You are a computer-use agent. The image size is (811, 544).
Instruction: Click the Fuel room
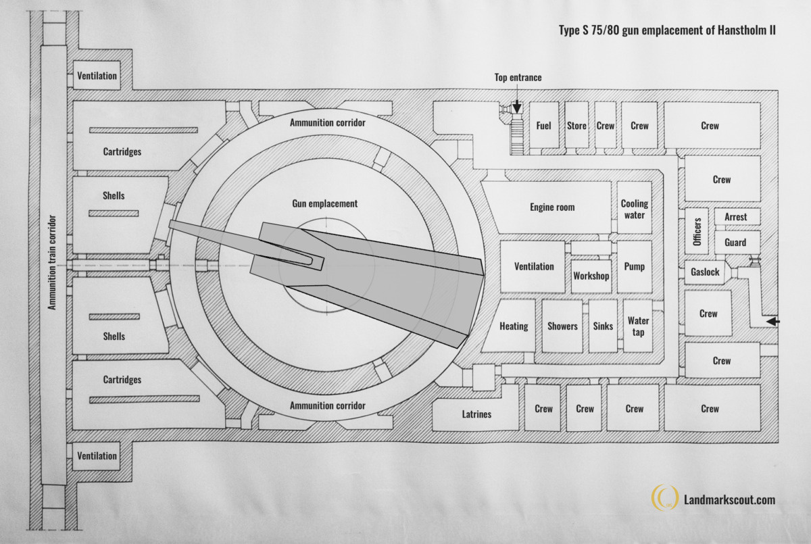[x=544, y=125]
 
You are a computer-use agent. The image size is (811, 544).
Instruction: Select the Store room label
[x=576, y=126]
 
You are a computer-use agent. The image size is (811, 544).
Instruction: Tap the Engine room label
[x=552, y=207]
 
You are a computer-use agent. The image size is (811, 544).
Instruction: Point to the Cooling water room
[x=635, y=207]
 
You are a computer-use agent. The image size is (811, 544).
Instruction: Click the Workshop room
[x=591, y=276]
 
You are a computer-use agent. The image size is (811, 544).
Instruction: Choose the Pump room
[x=635, y=267]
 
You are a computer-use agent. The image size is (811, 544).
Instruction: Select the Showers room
[x=562, y=326]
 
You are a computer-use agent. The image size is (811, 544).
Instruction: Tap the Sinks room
[x=603, y=326]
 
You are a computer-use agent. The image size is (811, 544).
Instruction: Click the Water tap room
[x=638, y=326]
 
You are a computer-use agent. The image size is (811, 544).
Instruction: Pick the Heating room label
[x=514, y=326]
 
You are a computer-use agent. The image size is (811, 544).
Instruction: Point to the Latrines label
[x=476, y=414]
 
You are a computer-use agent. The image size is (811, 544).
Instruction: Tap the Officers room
[x=697, y=231]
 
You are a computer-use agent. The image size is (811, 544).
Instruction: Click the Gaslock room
[x=704, y=272]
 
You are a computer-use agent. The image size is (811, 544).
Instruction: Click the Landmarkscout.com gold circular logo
[x=665, y=497]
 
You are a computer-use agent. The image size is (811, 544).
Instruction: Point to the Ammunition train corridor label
[x=52, y=262]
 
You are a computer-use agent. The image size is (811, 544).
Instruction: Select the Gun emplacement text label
[x=325, y=203]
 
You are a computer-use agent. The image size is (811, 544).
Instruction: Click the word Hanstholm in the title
[x=739, y=30]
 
